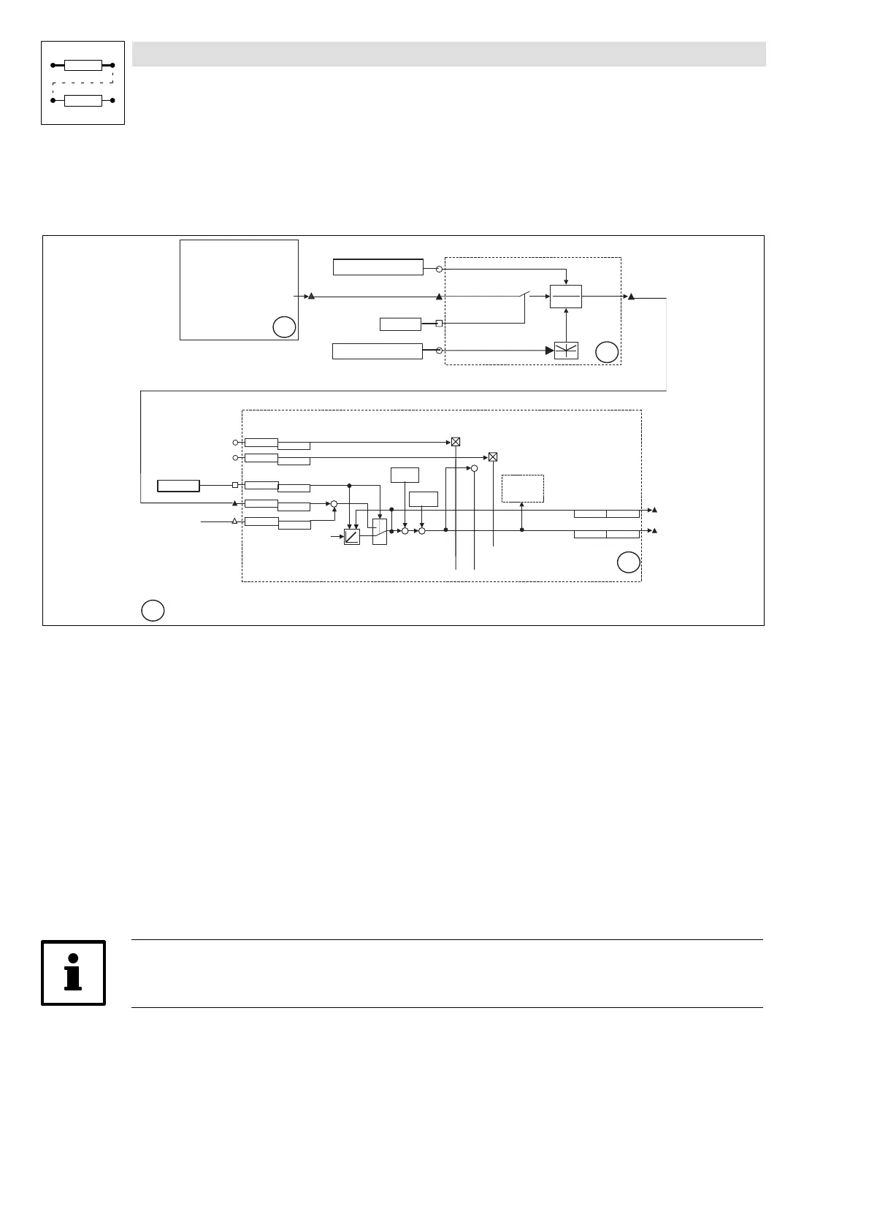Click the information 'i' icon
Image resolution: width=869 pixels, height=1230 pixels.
73,972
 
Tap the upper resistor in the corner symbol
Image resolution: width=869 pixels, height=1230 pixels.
83,66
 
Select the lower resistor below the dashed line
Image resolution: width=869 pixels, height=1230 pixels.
83,100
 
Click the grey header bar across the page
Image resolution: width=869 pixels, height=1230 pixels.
448,54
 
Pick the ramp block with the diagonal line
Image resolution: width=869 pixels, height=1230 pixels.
352,537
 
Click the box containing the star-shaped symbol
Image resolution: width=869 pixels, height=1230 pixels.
567,351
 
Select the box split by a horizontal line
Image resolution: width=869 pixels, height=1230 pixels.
566,297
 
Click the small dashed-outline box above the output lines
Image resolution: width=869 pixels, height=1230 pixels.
523,488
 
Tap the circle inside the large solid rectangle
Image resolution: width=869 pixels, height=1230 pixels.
284,328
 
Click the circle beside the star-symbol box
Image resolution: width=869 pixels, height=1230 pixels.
607,353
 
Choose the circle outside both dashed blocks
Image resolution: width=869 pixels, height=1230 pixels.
152,610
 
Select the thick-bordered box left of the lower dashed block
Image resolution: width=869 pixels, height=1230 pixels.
179,486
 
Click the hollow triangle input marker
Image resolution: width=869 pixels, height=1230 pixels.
234,521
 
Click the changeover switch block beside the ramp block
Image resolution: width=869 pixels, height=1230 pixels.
379,531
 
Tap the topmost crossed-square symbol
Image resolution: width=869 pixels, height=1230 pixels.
456,442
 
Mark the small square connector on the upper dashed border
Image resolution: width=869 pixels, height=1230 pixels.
439,323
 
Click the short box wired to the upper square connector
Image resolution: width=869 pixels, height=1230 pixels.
401,324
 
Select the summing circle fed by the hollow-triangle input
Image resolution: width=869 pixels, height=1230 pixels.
334,504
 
